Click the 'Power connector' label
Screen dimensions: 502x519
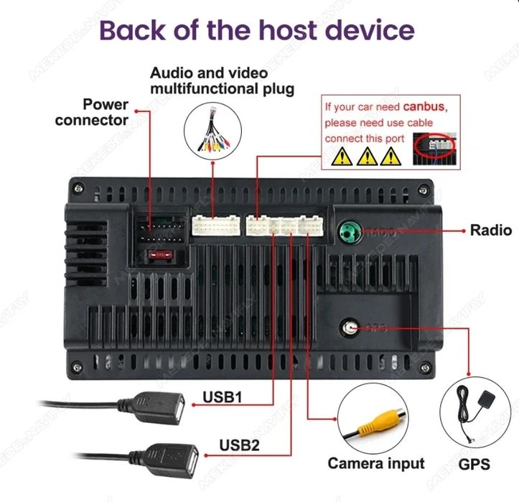point(91,112)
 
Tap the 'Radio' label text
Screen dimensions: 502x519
point(491,230)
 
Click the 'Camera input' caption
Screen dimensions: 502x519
point(376,463)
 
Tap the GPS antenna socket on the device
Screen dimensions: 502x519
point(350,327)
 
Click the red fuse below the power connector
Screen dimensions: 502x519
point(159,254)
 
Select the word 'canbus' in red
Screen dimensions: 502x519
point(424,107)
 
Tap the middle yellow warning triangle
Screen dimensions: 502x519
point(368,155)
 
